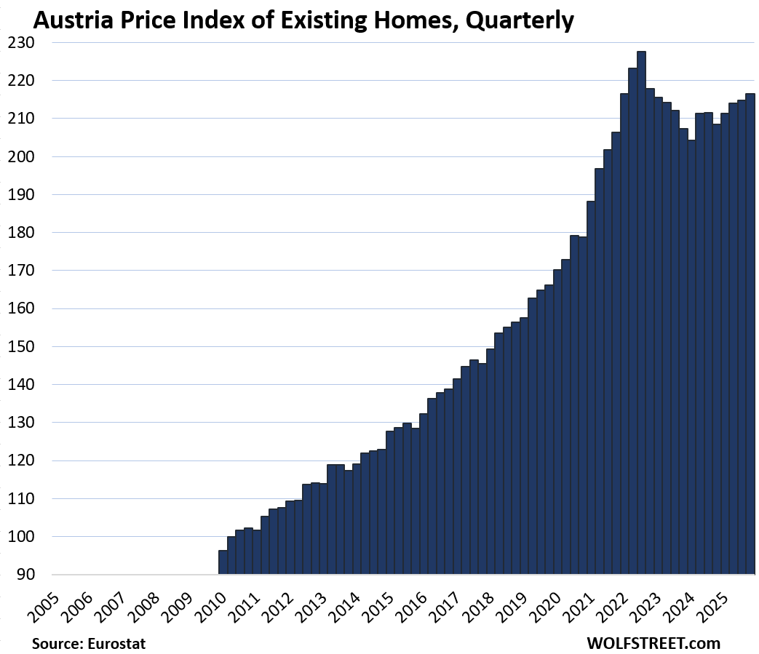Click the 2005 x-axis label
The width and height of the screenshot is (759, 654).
pos(46,599)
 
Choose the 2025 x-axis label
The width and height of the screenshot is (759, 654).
pos(713,599)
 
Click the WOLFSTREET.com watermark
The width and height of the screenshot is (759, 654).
pos(653,643)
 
